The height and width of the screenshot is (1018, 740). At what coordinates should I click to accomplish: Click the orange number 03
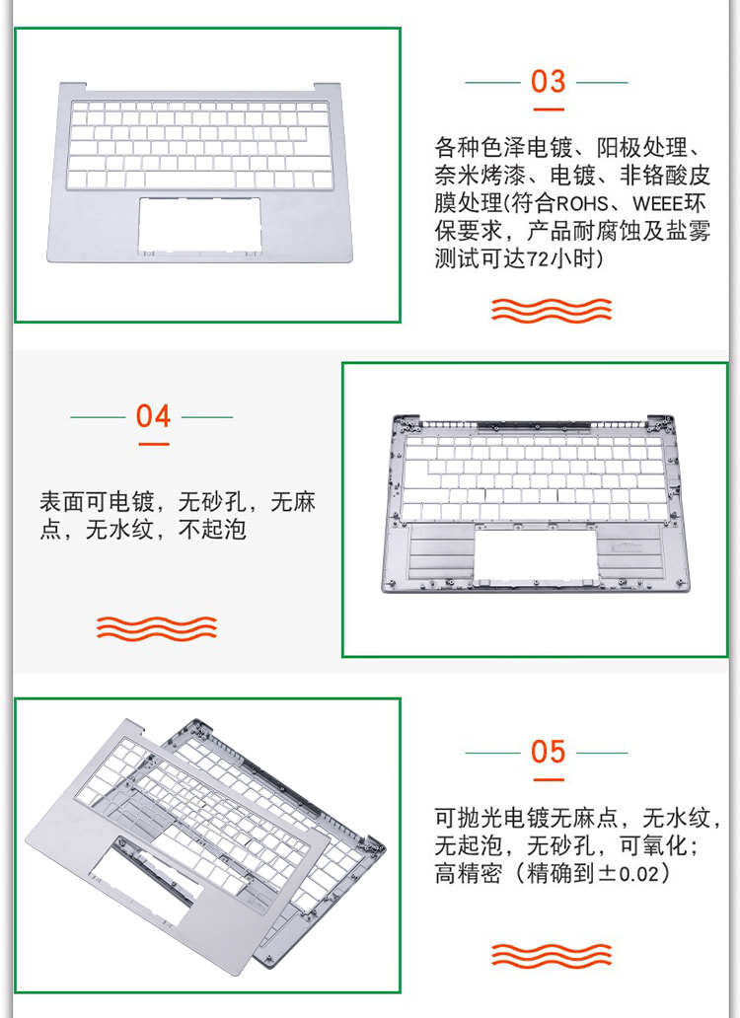click(548, 82)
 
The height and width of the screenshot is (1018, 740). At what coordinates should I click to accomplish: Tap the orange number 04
click(153, 416)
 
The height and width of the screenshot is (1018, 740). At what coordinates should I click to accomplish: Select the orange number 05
click(548, 752)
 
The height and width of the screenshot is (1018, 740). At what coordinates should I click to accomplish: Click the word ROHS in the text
click(581, 204)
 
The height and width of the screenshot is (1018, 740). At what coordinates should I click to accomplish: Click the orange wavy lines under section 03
click(552, 311)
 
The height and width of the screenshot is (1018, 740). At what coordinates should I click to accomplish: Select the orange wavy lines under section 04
click(157, 627)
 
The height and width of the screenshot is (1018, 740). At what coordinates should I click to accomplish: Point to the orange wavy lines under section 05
click(552, 955)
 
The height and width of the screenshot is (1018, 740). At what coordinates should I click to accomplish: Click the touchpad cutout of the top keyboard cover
click(199, 225)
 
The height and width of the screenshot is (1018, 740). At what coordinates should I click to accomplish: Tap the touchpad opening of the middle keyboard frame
click(536, 553)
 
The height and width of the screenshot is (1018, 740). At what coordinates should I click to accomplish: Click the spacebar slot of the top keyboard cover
click(189, 180)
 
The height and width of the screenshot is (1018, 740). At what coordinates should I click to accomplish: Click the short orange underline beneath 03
click(548, 109)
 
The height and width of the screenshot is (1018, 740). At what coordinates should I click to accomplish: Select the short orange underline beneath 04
click(153, 444)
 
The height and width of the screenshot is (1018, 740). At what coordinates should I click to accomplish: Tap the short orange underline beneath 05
click(548, 779)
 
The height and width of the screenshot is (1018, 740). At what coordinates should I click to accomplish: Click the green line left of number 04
click(98, 417)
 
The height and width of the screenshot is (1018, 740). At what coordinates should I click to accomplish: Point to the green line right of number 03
click(602, 83)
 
